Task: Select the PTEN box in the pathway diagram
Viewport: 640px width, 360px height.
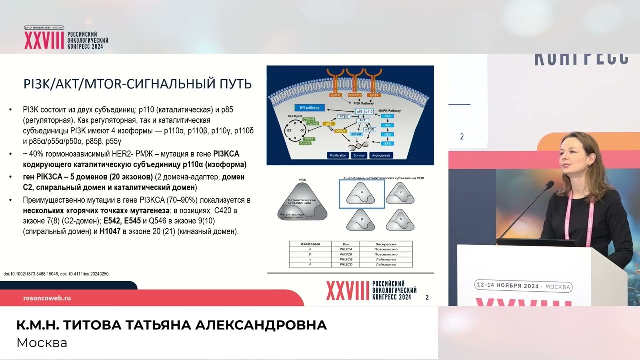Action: click(x=343, y=116)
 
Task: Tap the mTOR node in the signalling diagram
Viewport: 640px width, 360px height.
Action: click(x=369, y=129)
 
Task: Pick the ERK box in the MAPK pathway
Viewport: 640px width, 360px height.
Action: click(x=387, y=143)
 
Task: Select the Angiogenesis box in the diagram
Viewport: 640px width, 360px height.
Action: click(x=383, y=155)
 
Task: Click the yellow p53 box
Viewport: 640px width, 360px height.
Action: click(x=328, y=123)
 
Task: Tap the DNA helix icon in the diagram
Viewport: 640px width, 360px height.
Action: click(x=363, y=145)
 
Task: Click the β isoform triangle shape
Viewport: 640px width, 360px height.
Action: click(x=362, y=220)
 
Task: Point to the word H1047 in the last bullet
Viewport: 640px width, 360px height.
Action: click(x=111, y=232)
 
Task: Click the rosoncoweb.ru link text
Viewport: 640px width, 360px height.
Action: click(x=47, y=298)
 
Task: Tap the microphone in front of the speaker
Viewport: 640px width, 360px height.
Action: click(x=549, y=186)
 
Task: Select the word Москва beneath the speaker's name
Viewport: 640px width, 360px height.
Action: click(x=42, y=343)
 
